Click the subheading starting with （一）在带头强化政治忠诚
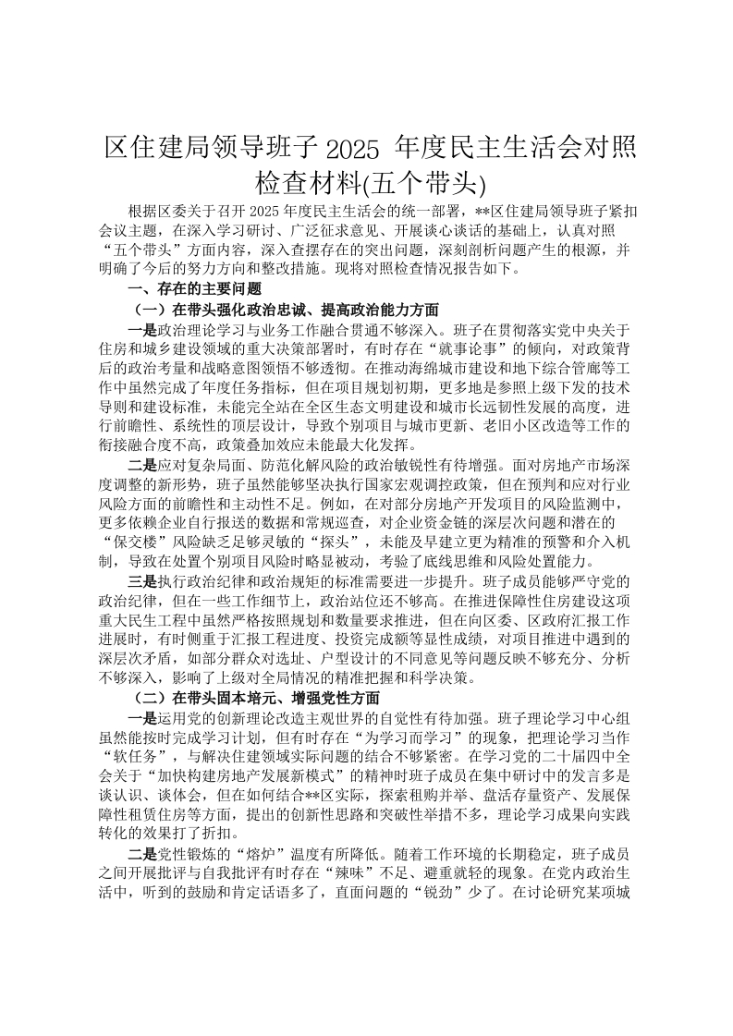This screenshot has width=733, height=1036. [287, 310]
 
